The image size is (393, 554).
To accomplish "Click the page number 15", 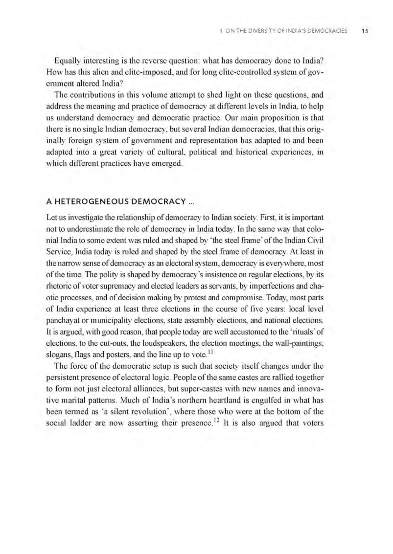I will (x=364, y=30).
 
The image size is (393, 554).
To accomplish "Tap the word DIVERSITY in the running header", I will (x=267, y=30).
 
